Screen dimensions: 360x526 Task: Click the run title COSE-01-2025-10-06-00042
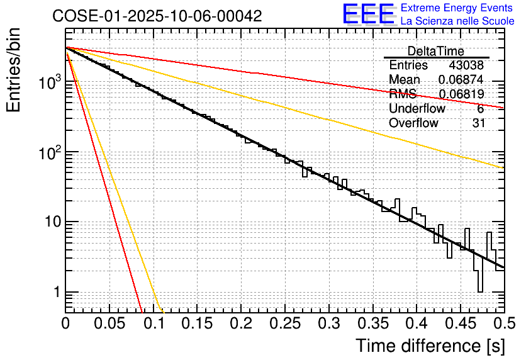click(x=157, y=16)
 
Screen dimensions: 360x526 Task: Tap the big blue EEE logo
click(x=368, y=14)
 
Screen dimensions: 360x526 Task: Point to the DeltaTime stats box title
click(x=436, y=51)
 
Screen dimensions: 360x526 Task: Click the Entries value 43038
click(x=467, y=65)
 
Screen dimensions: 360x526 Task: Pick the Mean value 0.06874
click(x=461, y=80)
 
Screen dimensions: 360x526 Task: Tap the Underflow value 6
click(x=481, y=109)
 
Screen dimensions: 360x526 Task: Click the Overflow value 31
click(x=479, y=123)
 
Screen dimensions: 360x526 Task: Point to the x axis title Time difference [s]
click(x=430, y=346)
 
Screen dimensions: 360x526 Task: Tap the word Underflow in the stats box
click(x=417, y=109)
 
